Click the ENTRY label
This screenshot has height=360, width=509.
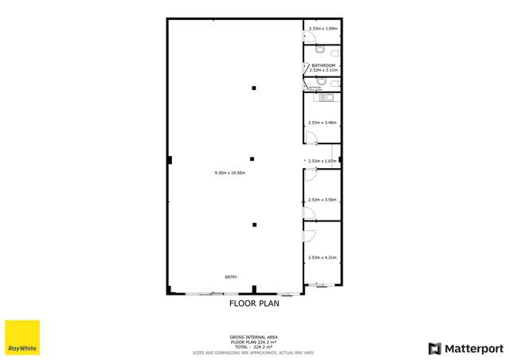pyautogui.click(x=230, y=276)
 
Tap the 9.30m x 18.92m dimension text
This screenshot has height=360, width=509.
pyautogui.click(x=229, y=173)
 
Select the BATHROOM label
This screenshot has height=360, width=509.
pyautogui.click(x=323, y=65)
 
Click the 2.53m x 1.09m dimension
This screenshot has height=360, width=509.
pyautogui.click(x=323, y=29)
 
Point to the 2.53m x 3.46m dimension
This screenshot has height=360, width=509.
pyautogui.click(x=323, y=123)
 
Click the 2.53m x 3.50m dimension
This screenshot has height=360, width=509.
pyautogui.click(x=323, y=199)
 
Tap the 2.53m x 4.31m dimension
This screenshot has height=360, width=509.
pyautogui.click(x=323, y=257)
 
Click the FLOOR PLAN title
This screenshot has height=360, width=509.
pyautogui.click(x=254, y=303)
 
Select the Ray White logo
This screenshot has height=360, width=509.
pyautogui.click(x=22, y=338)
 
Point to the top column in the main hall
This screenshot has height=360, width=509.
pyautogui.click(x=254, y=88)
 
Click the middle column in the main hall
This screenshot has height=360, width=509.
pyautogui.click(x=253, y=158)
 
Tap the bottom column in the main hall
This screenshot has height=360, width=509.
pyautogui.click(x=254, y=225)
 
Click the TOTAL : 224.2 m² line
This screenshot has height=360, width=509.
pyautogui.click(x=254, y=347)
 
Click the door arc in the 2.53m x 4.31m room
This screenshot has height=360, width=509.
pyautogui.click(x=310, y=234)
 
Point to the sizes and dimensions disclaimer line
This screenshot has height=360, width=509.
pyautogui.click(x=254, y=352)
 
